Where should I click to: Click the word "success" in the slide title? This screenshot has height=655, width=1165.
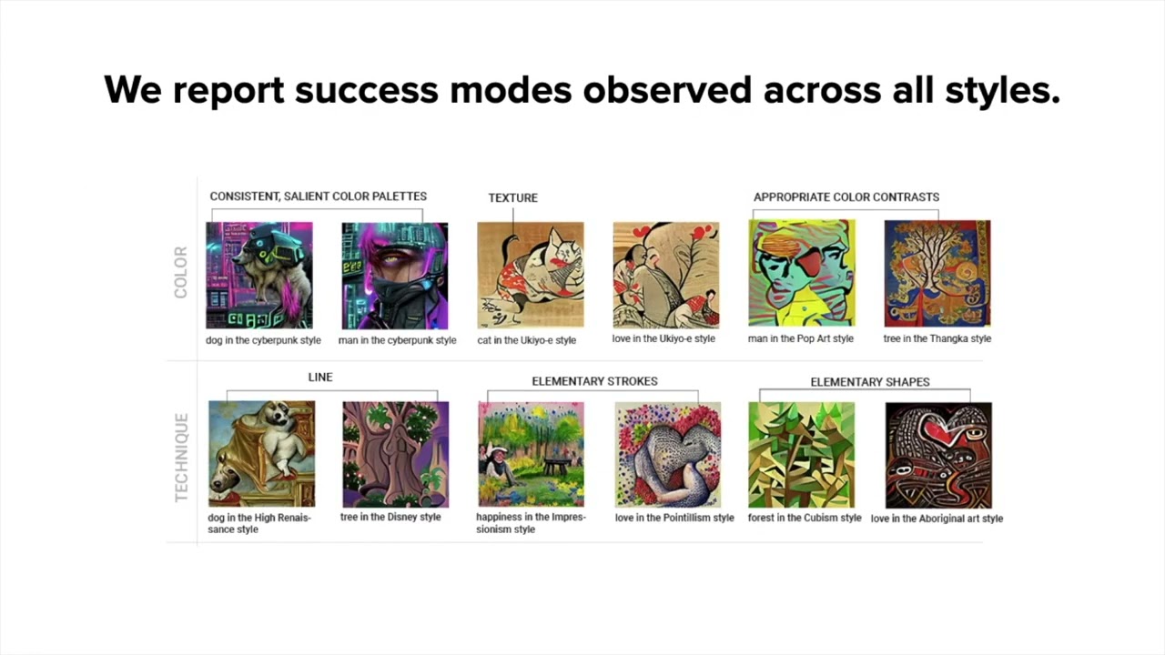pyautogui.click(x=367, y=90)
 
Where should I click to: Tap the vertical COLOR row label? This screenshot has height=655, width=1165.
pyautogui.click(x=180, y=272)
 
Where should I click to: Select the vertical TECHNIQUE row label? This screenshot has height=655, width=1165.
pyautogui.click(x=181, y=458)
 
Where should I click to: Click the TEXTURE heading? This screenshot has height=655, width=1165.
pyautogui.click(x=512, y=198)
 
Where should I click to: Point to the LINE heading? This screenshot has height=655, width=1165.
pyautogui.click(x=320, y=378)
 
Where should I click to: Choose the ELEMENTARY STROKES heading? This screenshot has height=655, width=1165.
pyautogui.click(x=594, y=381)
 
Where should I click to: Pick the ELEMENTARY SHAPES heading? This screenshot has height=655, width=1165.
pyautogui.click(x=870, y=382)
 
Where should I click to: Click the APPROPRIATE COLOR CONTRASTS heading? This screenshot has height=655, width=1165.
pyautogui.click(x=846, y=197)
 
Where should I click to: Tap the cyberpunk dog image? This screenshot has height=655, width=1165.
pyautogui.click(x=259, y=276)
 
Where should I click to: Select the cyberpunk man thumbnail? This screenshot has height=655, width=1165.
pyautogui.click(x=395, y=276)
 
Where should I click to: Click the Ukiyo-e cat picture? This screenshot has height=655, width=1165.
pyautogui.click(x=531, y=276)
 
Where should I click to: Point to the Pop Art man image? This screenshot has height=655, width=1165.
pyautogui.click(x=802, y=274)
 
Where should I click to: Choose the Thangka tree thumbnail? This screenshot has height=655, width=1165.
pyautogui.click(x=937, y=274)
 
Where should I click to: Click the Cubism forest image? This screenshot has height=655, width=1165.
pyautogui.click(x=802, y=455)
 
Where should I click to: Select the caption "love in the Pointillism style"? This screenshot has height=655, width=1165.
pyautogui.click(x=674, y=518)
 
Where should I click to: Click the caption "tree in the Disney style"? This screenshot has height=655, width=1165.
pyautogui.click(x=390, y=518)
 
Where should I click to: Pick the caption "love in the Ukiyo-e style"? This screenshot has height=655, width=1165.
pyautogui.click(x=664, y=339)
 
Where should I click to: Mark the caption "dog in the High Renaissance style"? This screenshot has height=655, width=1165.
pyautogui.click(x=259, y=523)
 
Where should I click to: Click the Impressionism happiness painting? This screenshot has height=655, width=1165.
pyautogui.click(x=531, y=454)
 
